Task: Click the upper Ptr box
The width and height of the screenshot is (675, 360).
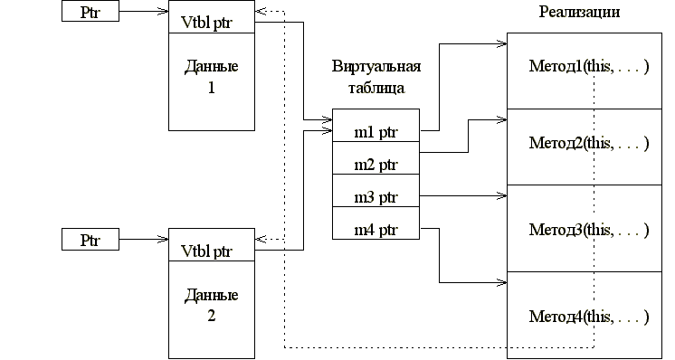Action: [x=90, y=12]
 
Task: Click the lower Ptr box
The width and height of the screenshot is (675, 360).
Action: [x=90, y=240]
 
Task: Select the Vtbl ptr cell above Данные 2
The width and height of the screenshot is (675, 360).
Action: [x=211, y=250]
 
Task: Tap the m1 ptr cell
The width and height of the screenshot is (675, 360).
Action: [x=376, y=133]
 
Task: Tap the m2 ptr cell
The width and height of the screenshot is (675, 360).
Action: [x=376, y=165]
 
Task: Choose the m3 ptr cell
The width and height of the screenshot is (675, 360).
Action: [x=376, y=195]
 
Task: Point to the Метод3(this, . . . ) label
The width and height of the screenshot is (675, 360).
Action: [x=589, y=228]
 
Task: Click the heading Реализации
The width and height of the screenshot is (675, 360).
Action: [x=580, y=12]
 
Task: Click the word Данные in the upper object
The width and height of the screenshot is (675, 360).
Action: [x=211, y=68]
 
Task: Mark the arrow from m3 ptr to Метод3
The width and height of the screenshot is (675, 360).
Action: [x=461, y=194]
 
